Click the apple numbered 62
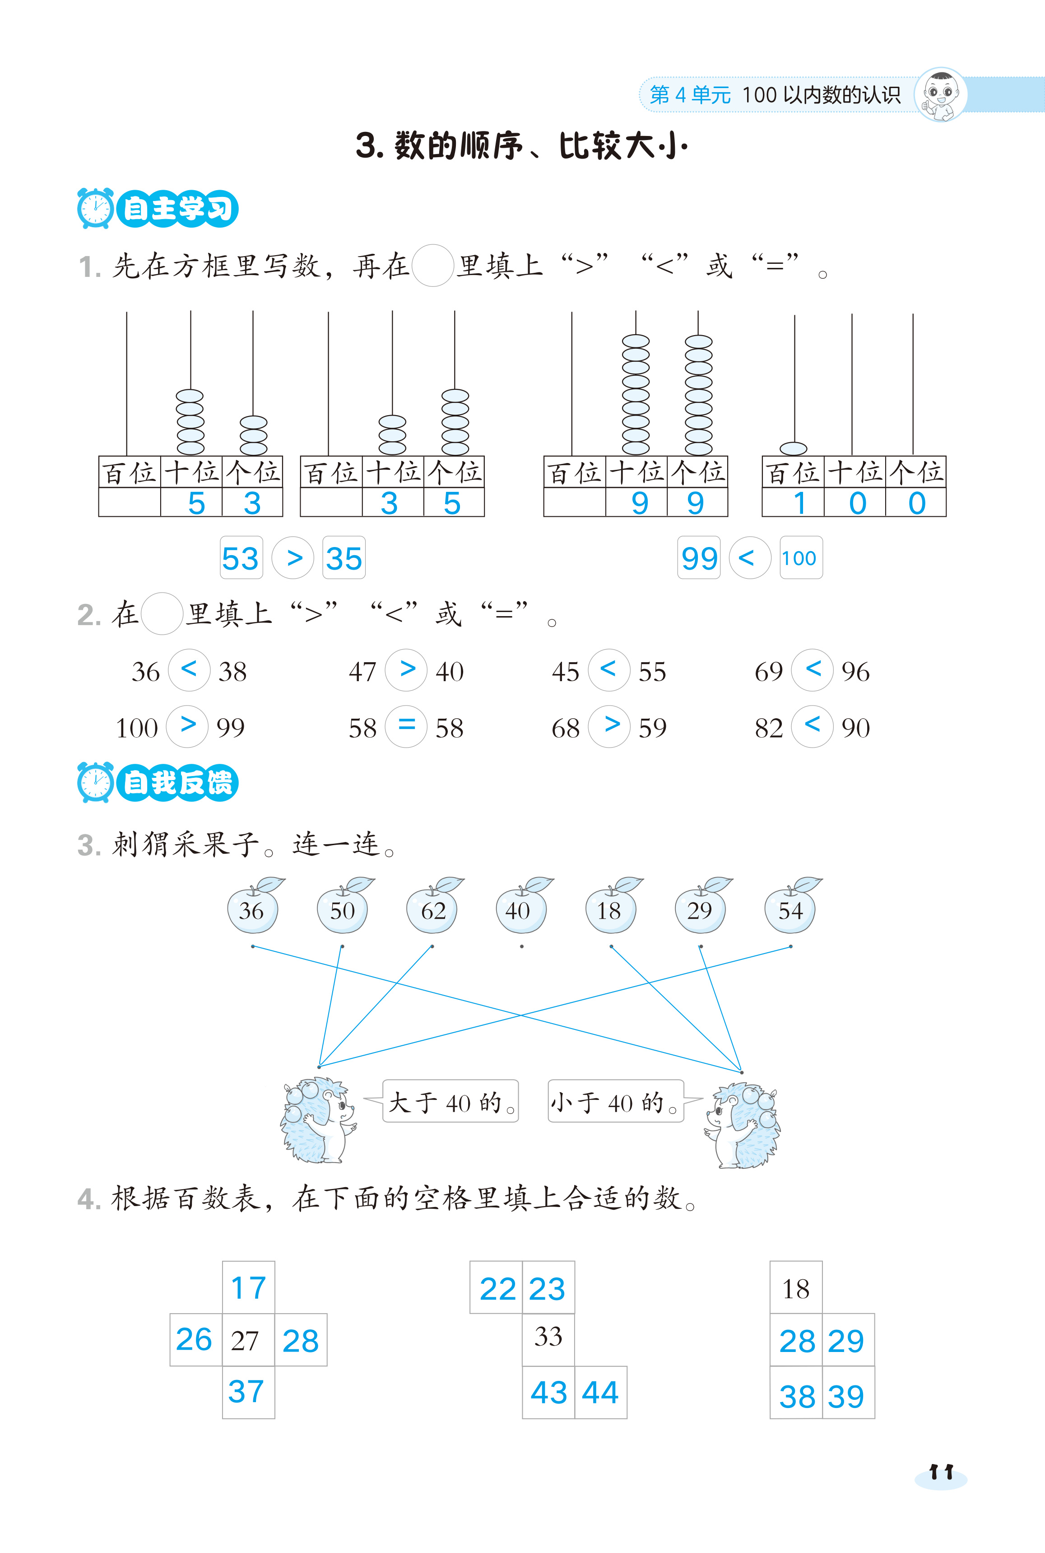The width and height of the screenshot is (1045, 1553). coord(432,909)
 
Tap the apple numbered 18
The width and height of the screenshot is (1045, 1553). coord(610,909)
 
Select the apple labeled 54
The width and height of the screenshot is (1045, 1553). coord(790,909)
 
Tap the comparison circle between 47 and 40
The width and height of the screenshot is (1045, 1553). coord(407,669)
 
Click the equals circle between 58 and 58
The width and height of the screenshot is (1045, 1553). coord(407,725)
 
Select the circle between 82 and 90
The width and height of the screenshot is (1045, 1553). coord(812,725)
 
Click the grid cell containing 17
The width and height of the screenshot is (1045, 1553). coord(249,1287)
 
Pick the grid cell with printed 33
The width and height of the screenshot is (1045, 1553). coord(548,1338)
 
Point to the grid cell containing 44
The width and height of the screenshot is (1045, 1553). coord(600,1392)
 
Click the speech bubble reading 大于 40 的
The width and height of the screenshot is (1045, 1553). coord(450,1102)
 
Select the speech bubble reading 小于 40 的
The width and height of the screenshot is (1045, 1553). coord(615,1102)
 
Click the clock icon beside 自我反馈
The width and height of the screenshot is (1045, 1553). coord(95,782)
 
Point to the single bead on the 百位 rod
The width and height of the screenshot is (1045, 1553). coord(793,448)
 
